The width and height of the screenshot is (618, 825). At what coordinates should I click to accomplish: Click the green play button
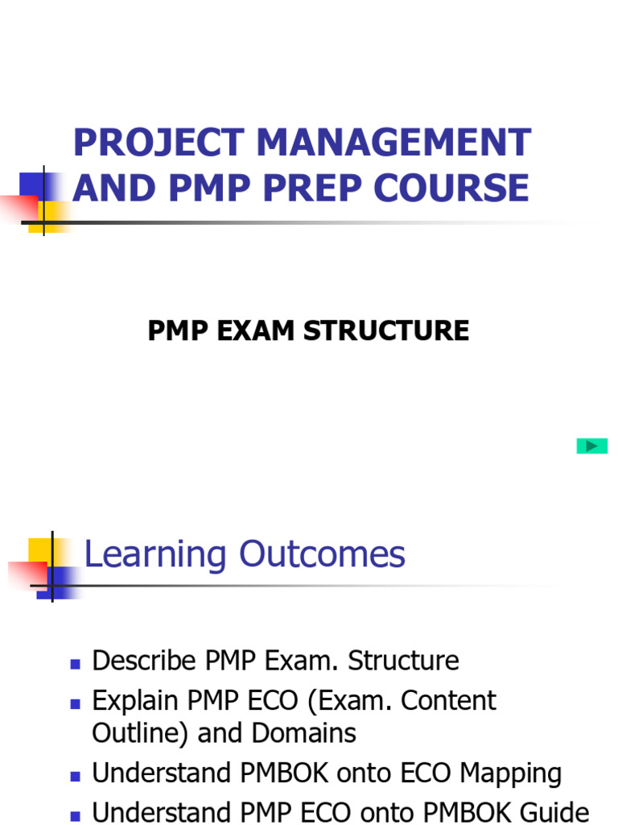coord(591,446)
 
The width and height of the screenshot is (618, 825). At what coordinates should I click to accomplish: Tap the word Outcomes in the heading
coord(322,555)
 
